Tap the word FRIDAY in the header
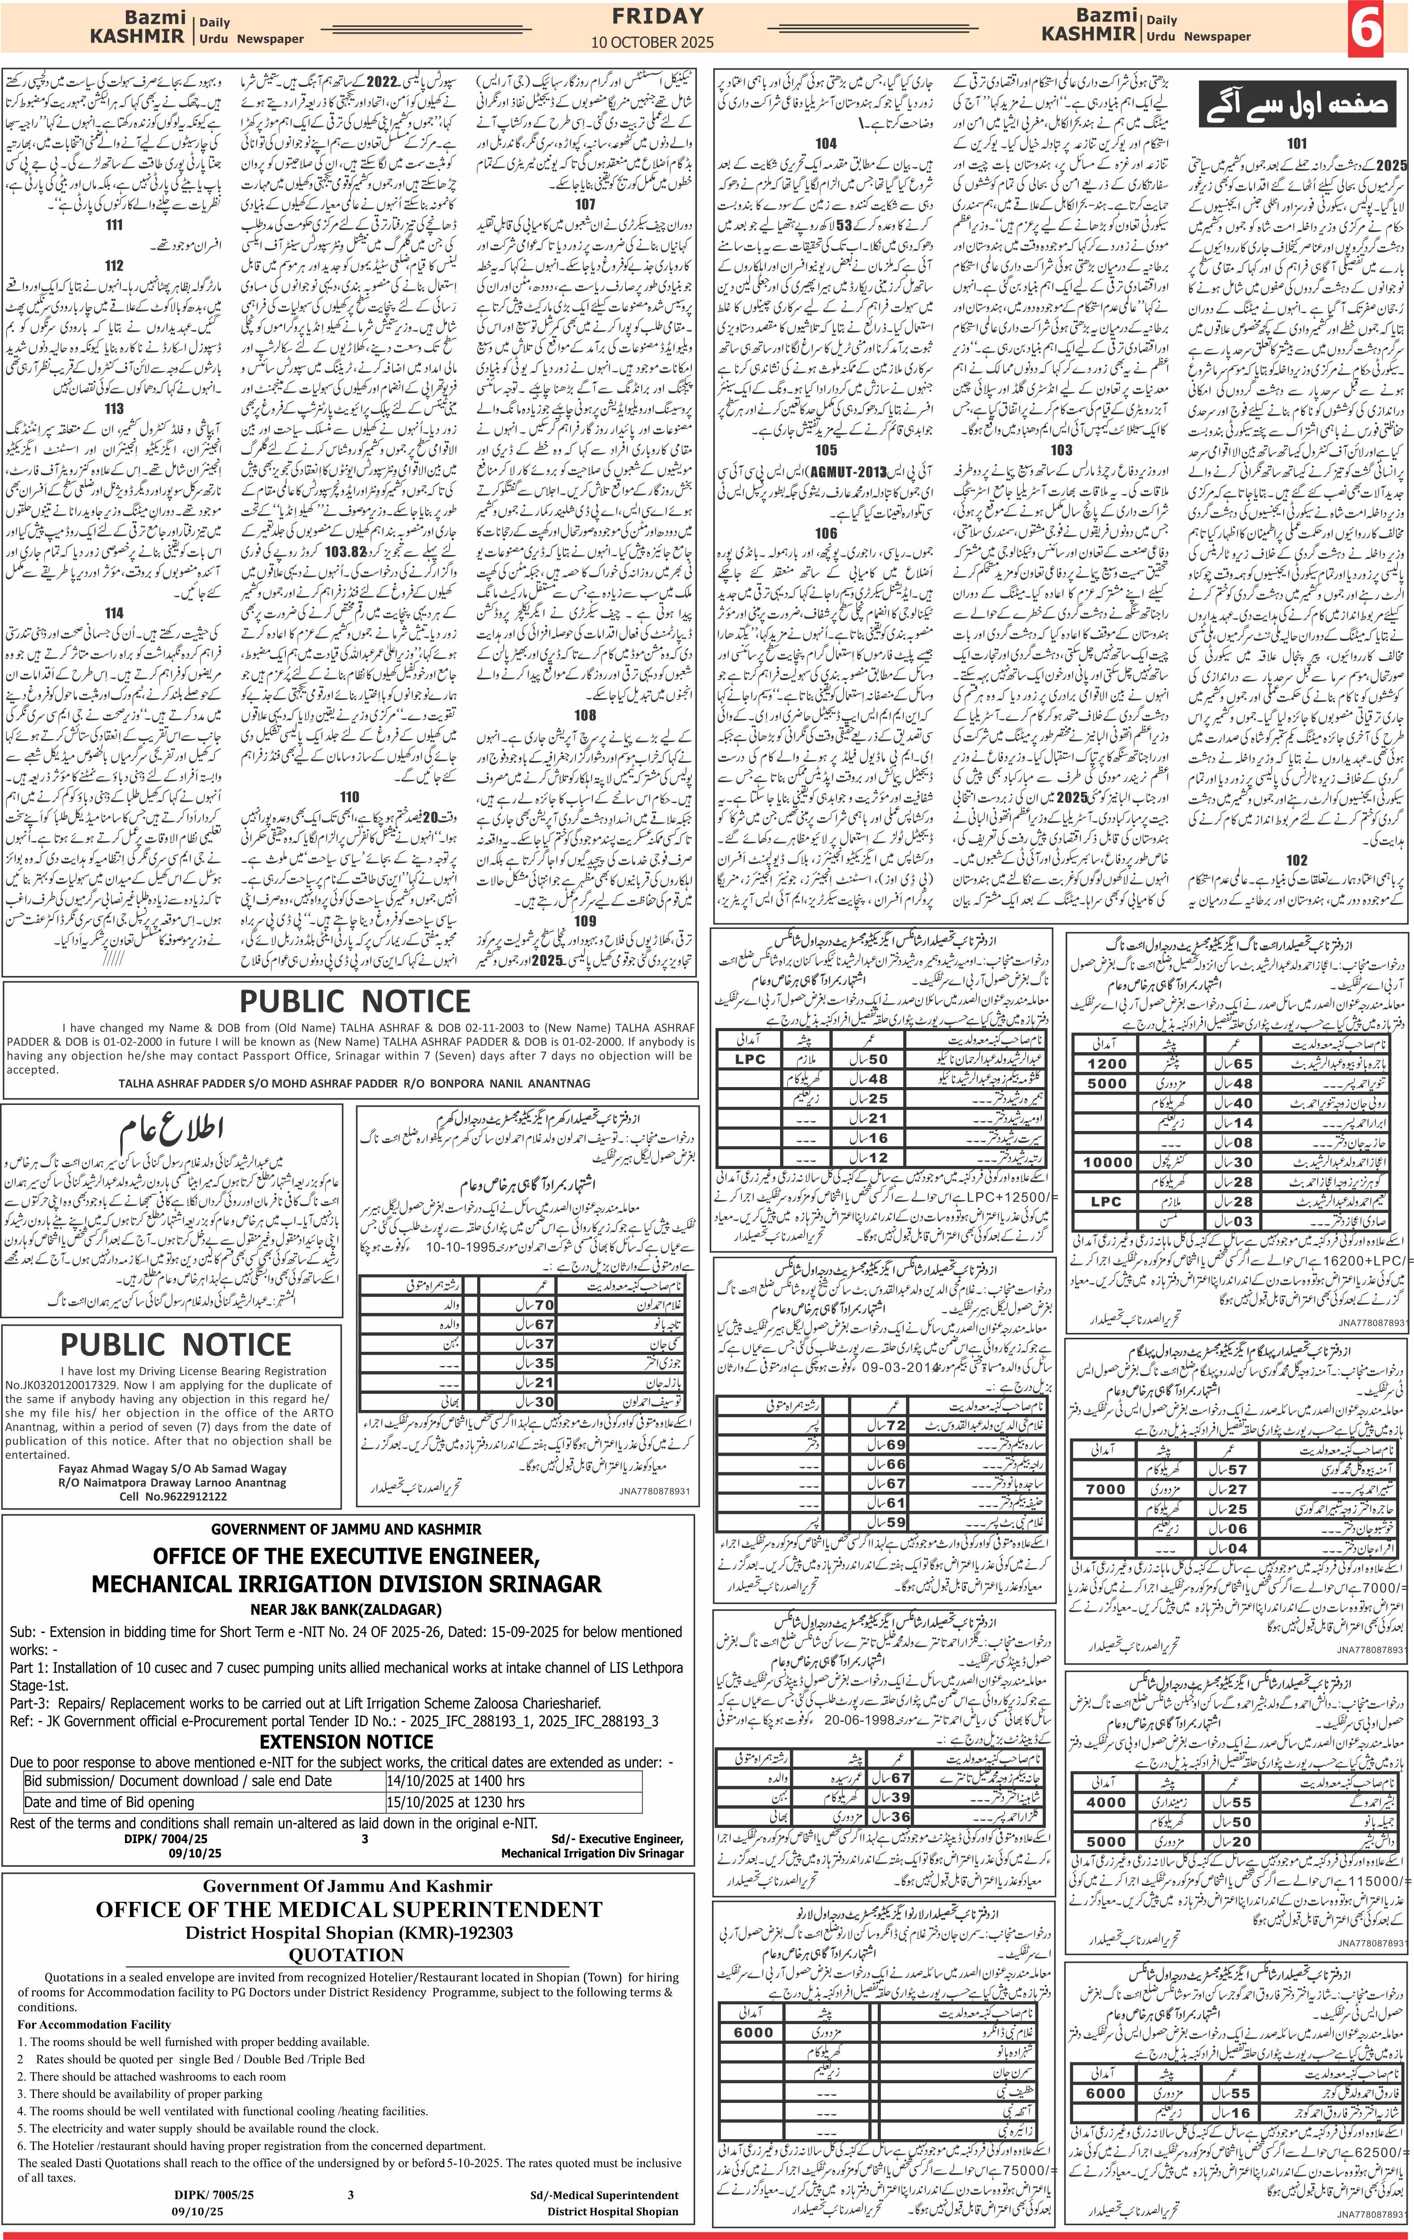coord(657,16)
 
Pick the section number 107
coord(585,204)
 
